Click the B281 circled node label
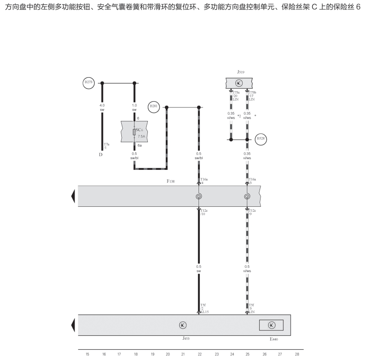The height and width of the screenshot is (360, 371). pos(153,107)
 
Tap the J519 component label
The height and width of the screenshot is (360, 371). pos(240,72)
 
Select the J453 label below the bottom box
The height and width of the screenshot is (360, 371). pos(185,338)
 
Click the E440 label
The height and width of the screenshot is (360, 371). pos(274,339)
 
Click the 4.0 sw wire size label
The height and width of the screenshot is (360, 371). pos(102,107)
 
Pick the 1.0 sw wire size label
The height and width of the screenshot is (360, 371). pos(134,107)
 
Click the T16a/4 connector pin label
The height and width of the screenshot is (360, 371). pos(203,181)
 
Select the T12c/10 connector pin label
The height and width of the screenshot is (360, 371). pos(203,212)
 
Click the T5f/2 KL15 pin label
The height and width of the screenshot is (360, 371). pos(204,308)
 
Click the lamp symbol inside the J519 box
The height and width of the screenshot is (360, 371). pos(239,83)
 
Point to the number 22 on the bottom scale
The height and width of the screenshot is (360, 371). pos(199,354)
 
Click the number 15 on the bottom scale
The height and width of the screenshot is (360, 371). pos(87,354)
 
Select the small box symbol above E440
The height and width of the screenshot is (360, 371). pos(271,325)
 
